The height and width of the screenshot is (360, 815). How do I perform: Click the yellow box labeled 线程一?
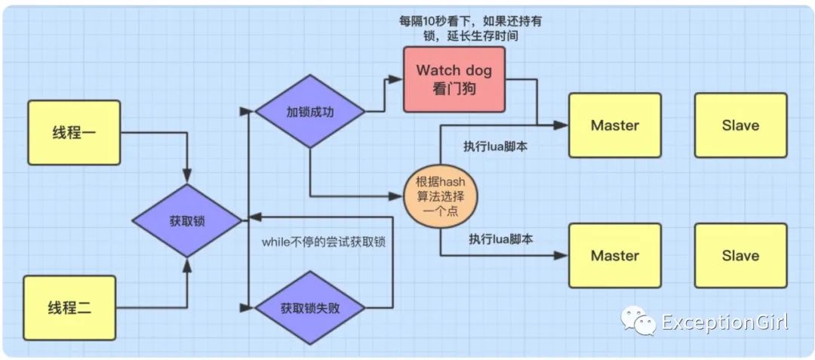[74, 133]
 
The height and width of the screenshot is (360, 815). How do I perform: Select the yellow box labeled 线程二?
[69, 308]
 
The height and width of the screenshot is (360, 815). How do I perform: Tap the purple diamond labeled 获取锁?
[187, 221]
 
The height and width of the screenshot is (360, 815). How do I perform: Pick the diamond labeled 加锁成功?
[310, 112]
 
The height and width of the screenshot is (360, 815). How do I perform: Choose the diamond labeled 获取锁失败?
[310, 307]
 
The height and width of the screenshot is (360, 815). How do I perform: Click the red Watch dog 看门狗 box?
[454, 79]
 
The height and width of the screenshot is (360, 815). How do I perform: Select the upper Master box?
[615, 125]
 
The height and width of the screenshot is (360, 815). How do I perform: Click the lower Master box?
[615, 256]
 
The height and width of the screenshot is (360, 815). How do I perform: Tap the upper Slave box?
[741, 125]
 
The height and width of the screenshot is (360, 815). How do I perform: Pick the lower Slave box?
[741, 256]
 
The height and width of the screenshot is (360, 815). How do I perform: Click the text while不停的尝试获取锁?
[324, 242]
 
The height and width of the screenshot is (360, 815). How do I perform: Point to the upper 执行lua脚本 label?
[496, 146]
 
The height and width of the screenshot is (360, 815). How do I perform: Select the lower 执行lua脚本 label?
[502, 239]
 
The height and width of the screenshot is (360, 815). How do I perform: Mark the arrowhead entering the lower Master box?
[562, 256]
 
